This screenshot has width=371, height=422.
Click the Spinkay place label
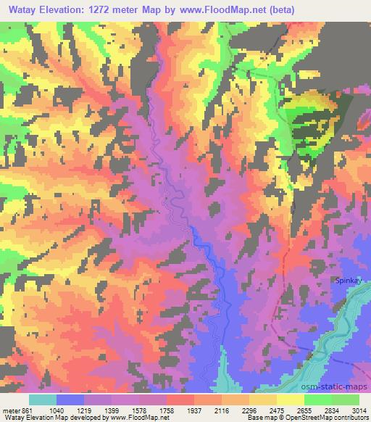(347, 280)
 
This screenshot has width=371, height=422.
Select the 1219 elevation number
(98, 410)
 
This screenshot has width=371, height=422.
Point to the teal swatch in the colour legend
(43, 400)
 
